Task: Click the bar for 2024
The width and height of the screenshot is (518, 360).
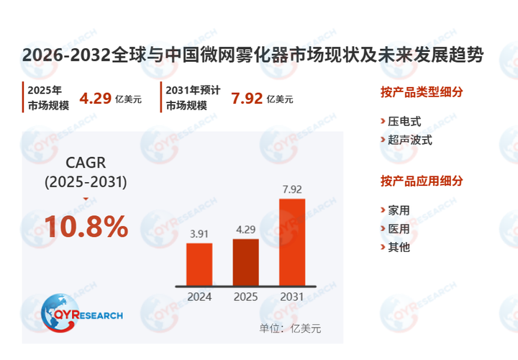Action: click(x=199, y=264)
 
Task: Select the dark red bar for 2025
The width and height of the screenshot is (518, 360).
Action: click(x=246, y=263)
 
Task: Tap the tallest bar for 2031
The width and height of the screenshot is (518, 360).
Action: click(x=292, y=243)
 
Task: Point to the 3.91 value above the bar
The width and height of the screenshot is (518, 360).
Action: click(x=199, y=234)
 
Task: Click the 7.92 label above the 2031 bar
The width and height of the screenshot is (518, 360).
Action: click(x=292, y=189)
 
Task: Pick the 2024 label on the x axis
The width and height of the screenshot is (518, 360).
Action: click(x=199, y=297)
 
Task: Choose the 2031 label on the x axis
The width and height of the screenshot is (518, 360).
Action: click(x=291, y=297)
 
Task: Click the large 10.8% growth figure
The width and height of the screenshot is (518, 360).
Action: click(x=86, y=227)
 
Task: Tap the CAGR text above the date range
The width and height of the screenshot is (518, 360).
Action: click(x=86, y=163)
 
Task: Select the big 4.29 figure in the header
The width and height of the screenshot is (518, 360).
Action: click(x=95, y=99)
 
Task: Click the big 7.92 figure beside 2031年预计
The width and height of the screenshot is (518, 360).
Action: click(x=247, y=99)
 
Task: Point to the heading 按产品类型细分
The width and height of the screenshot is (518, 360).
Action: click(x=422, y=92)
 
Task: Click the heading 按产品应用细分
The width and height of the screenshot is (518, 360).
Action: click(x=422, y=181)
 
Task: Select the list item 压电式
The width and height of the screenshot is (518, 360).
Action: click(x=404, y=122)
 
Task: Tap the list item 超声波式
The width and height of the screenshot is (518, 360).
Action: click(x=410, y=140)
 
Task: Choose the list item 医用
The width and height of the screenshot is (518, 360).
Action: click(x=399, y=229)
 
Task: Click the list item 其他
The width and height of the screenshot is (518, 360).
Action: click(x=399, y=247)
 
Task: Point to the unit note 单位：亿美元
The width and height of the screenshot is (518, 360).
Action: click(x=290, y=328)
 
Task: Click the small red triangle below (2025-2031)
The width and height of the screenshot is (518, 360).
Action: click(x=86, y=199)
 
